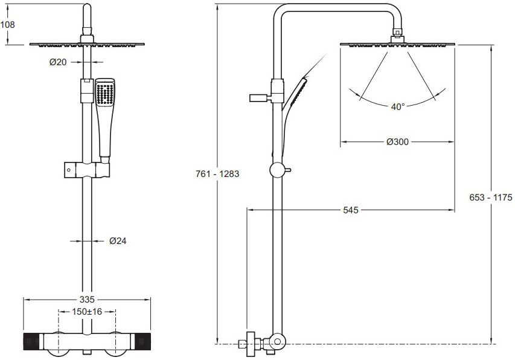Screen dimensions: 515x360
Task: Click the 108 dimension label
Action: pos(8,25)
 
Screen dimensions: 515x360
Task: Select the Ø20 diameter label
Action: pos(58,62)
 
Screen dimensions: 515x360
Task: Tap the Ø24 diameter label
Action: pos(118,241)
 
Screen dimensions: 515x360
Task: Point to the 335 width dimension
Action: pos(87,299)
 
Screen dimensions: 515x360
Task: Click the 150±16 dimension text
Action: pos(87,311)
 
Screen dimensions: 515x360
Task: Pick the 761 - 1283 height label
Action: pos(217,174)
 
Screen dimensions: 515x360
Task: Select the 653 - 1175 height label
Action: pos(491,198)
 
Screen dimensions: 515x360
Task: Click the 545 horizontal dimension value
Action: pos(350,210)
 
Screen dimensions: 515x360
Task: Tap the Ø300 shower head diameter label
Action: pos(398,141)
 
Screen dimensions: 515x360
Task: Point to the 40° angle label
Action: pos(398,107)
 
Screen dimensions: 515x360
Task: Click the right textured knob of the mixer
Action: pos(142,341)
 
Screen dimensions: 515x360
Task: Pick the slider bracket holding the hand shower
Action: pos(87,170)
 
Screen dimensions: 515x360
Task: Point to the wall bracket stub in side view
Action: pos(260,98)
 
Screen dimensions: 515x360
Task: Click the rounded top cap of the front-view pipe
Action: pos(87,7)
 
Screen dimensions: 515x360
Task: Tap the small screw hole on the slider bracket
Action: pos(68,170)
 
